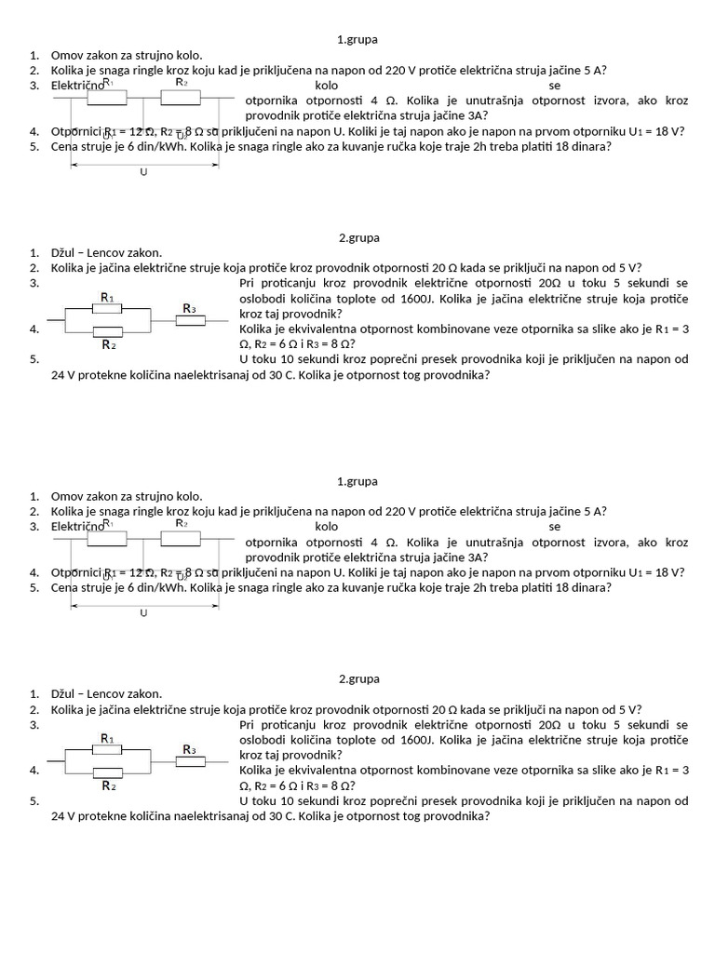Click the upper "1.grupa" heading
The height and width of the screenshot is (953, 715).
(x=357, y=40)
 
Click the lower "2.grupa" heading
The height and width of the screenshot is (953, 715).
(x=357, y=678)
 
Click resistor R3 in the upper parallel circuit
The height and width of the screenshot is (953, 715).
(x=190, y=320)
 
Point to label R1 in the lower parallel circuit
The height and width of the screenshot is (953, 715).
(x=107, y=738)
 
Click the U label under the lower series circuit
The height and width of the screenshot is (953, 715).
(x=143, y=613)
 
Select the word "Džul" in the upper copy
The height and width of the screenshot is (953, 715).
(x=64, y=252)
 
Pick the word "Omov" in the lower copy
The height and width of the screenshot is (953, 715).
(x=66, y=496)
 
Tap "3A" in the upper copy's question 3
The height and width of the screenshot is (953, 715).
(x=472, y=116)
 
